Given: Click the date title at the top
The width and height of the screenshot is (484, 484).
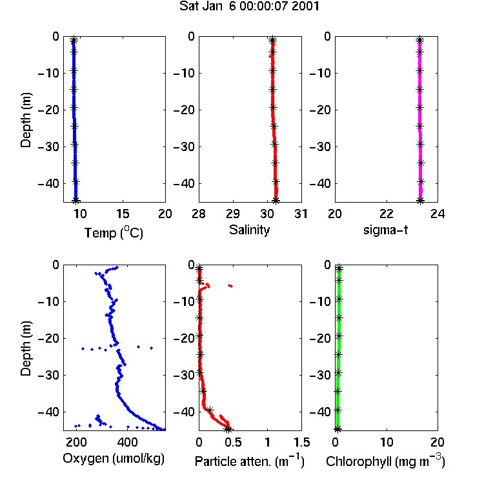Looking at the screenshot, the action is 249,6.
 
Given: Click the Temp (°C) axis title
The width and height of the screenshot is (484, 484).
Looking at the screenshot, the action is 114,233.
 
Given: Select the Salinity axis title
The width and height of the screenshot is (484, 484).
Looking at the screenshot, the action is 249,230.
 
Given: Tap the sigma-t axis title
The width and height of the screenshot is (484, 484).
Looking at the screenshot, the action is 385,230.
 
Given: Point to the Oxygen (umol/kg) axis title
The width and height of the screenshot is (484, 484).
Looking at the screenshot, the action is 114,459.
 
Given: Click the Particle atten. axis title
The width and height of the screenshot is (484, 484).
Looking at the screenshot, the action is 249,461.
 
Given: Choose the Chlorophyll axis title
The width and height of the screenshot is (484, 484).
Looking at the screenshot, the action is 385,461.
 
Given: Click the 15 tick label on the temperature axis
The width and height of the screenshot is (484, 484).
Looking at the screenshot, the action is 123,214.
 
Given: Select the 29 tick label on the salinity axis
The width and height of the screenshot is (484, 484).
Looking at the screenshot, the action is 233,214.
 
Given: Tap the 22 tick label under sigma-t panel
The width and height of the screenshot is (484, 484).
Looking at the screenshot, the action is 387,214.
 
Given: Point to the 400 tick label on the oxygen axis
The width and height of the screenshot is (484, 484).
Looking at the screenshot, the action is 128,442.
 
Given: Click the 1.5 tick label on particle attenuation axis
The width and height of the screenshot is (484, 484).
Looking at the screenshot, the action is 301,442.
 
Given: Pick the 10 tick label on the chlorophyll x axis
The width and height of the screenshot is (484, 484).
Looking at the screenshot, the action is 387,442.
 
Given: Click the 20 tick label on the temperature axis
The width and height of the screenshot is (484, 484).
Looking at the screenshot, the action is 165,214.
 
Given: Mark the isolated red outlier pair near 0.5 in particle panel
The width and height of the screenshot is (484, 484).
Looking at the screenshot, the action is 230,286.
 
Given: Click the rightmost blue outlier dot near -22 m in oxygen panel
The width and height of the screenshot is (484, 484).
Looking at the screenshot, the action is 151,348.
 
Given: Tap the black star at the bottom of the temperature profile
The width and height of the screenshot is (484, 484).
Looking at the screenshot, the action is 76,201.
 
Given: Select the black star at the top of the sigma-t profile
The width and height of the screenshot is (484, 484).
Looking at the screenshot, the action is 420,40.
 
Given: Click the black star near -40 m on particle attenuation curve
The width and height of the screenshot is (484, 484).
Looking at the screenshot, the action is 210,410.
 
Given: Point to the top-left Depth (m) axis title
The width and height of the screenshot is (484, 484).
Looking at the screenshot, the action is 26,120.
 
